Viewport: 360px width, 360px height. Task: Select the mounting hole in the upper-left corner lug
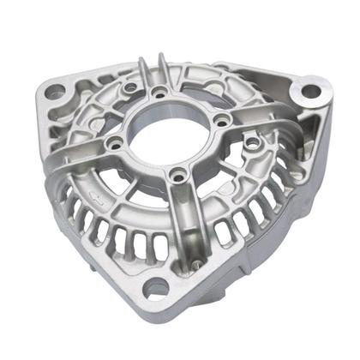point(56,87)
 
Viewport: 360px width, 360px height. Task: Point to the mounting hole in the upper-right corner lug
point(309,90)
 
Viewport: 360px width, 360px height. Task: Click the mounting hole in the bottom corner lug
point(153,290)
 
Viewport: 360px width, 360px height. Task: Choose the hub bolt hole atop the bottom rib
point(177,177)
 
